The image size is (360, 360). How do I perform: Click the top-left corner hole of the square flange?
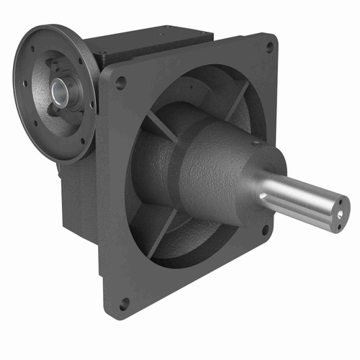(120, 82)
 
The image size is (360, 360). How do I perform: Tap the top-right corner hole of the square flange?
(269, 47)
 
